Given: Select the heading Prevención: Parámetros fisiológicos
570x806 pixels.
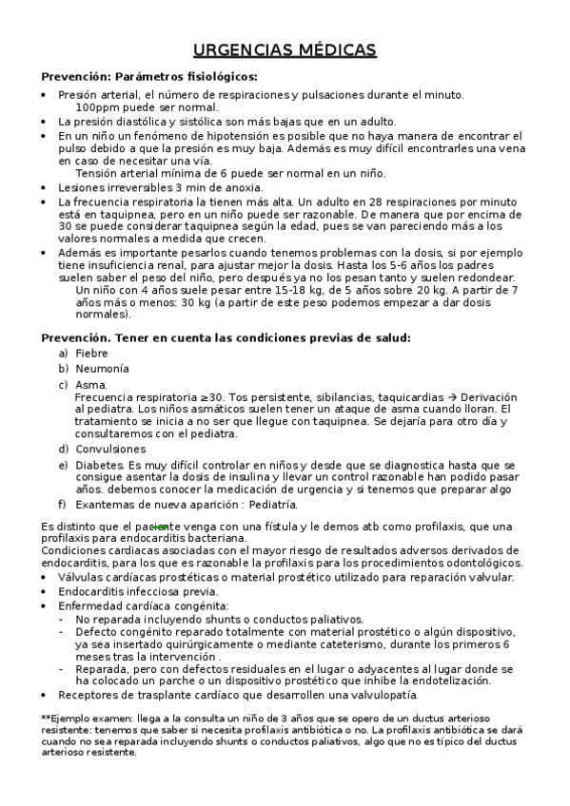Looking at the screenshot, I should pos(149,77).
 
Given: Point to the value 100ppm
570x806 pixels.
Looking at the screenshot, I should pos(97,107).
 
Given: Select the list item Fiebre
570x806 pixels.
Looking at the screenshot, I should pos(91,353).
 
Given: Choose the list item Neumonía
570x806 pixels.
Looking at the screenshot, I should pos(102,368).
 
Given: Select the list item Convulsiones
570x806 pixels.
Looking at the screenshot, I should pos(110,449).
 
